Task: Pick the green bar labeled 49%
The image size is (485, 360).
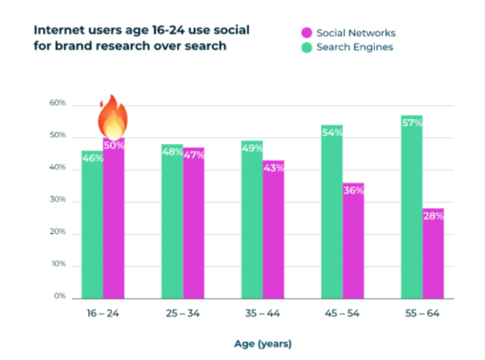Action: coord(251,218)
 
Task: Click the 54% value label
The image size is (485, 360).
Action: coord(332,132)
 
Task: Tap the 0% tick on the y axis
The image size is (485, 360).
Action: coord(57,297)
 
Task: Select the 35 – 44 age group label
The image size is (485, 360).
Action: coord(262,313)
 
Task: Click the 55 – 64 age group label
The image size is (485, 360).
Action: coord(424,313)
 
